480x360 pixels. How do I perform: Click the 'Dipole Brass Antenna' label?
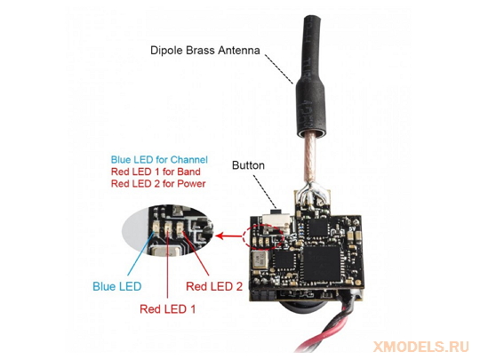[x=204, y=50]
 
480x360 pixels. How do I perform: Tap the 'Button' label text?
[x=248, y=165]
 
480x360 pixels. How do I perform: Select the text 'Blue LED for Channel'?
[x=159, y=159]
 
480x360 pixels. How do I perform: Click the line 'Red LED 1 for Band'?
[x=156, y=172]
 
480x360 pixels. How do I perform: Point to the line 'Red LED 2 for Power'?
[x=158, y=183]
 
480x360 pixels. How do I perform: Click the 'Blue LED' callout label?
[x=117, y=286]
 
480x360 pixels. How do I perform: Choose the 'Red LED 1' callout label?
[x=167, y=308]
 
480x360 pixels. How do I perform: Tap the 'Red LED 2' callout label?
[x=214, y=286]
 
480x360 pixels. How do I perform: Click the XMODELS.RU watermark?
[x=421, y=347]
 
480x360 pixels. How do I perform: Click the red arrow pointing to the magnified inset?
[x=229, y=236]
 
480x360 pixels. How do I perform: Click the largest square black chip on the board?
[x=322, y=264]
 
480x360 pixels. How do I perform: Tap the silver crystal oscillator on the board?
[x=260, y=260]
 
